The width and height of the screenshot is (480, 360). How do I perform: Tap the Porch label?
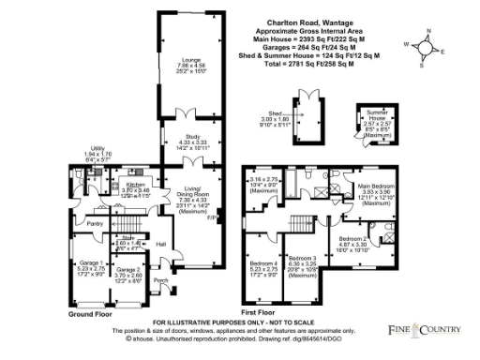pyautogui.click(x=160, y=280)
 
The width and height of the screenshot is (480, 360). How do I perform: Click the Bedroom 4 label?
pyautogui.click(x=263, y=262)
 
